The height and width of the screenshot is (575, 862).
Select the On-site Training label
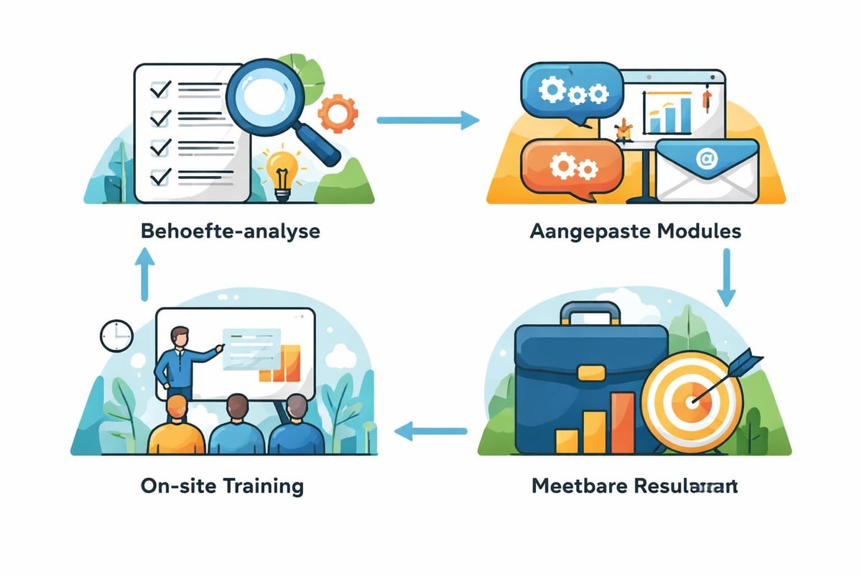pyautogui.click(x=222, y=485)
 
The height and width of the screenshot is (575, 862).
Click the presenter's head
pyautogui.click(x=181, y=336)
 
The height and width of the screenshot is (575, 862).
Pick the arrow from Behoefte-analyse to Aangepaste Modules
pyautogui.click(x=427, y=121)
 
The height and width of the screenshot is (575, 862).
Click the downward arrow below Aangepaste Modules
pyautogui.click(x=726, y=278)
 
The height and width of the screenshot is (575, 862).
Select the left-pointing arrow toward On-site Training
pyautogui.click(x=431, y=431)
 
